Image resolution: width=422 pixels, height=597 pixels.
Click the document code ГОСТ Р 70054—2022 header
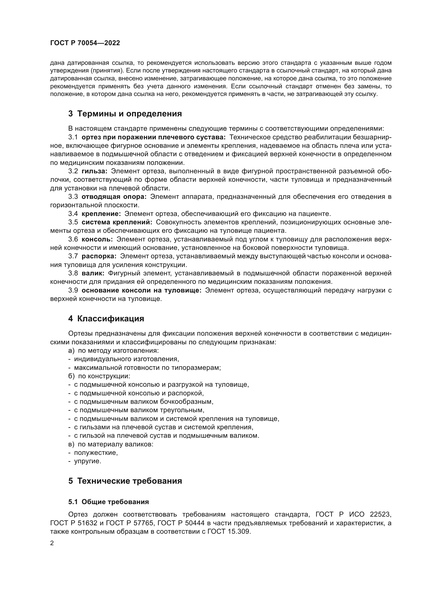[85, 43]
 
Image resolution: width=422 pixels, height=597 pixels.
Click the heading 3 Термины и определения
[125, 114]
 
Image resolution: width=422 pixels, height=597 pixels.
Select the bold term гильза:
[94, 171]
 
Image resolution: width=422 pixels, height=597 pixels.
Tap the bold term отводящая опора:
[114, 197]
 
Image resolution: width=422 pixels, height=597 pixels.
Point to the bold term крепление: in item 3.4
[101, 214]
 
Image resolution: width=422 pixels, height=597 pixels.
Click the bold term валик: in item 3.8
[93, 273]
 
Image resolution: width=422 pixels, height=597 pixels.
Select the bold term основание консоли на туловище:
[142, 290]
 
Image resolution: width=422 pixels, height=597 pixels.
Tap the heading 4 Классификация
[106, 319]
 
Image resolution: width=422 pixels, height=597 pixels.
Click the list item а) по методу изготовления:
[113, 350]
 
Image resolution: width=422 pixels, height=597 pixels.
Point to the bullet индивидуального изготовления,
[127, 359]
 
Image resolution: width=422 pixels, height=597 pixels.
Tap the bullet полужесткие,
[96, 453]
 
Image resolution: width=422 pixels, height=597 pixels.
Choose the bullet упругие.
[88, 461]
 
